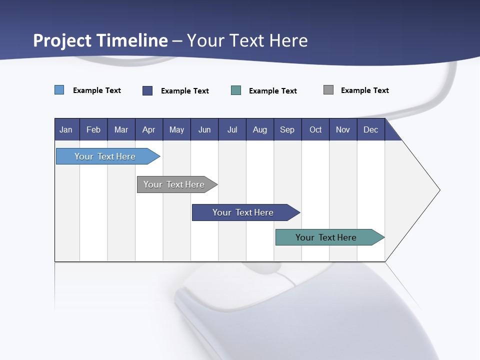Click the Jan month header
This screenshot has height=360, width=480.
[x=66, y=129]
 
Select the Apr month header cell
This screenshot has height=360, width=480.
[x=149, y=129]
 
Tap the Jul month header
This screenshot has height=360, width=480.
[x=232, y=129]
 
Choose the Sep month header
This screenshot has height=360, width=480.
[x=287, y=129]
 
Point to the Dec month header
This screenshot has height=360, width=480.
[x=370, y=129]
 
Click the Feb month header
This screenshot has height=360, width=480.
[x=93, y=129]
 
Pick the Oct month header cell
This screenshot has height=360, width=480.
[x=315, y=129]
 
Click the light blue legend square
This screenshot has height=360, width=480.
[x=59, y=90]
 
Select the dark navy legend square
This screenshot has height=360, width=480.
[x=147, y=90]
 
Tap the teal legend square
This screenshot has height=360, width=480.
[x=236, y=90]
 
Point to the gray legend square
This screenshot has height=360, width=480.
[x=328, y=90]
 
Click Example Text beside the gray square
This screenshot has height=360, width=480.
[x=364, y=90]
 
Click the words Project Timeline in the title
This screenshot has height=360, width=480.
[x=100, y=40]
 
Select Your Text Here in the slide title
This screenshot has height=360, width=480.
[x=247, y=40]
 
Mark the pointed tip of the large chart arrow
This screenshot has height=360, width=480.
[x=439, y=190]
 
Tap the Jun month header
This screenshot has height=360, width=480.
[x=204, y=129]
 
